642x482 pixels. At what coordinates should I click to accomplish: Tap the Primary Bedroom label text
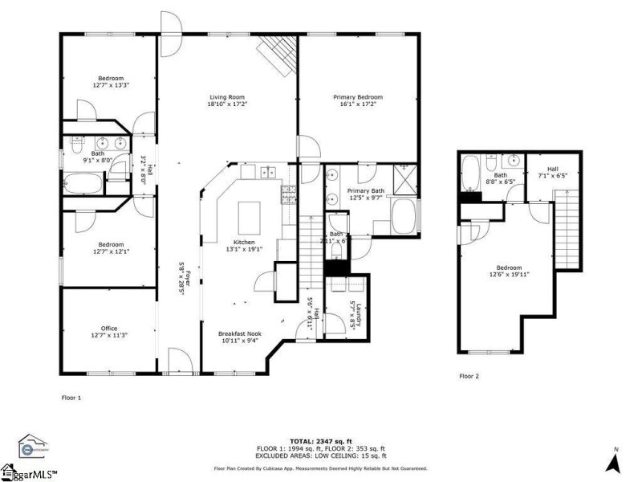358,96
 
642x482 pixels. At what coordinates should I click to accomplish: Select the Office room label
109,328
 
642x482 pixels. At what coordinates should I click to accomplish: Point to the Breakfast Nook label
240,333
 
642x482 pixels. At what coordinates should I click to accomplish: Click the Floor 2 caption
469,375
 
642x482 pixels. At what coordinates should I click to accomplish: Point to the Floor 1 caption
71,397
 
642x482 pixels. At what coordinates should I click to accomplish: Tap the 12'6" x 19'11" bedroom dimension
509,275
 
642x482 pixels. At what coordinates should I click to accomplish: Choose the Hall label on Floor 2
552,169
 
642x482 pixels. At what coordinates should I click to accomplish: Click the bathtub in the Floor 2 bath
471,171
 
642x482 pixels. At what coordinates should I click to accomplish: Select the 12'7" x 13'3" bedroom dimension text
111,84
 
